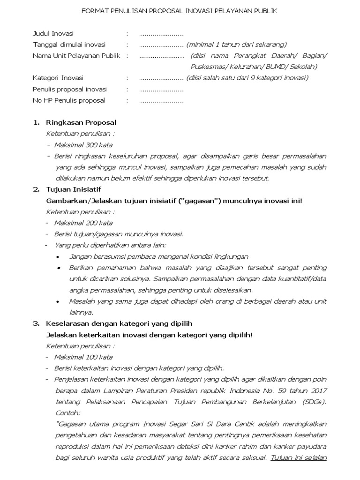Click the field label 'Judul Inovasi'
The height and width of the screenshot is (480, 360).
point(53,34)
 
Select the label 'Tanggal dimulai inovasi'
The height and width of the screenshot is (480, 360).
point(69,45)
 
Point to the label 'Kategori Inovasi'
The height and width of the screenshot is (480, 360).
point(58,78)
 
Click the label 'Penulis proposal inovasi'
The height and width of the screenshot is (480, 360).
point(70,90)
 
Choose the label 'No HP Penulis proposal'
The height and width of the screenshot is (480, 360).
point(69,100)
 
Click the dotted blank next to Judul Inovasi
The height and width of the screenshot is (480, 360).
point(161,34)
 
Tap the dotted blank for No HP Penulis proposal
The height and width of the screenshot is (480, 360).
point(161,100)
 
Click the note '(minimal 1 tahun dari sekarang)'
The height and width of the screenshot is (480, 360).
point(236,45)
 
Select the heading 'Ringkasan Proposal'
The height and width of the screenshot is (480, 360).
point(81,123)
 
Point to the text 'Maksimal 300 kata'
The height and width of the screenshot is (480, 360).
point(83,145)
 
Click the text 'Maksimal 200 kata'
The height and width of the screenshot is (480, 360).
point(83,223)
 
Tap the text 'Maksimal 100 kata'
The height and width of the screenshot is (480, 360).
point(83,357)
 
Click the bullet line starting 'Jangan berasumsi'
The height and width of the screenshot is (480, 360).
point(158,257)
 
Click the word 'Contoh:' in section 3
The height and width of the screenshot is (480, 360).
point(67,413)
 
